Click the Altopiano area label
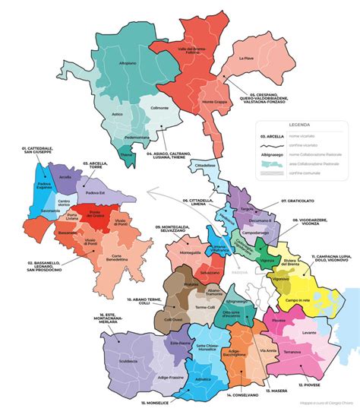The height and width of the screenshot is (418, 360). (x=127, y=63)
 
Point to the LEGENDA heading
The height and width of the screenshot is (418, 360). (x=302, y=125)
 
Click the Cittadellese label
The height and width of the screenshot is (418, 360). (x=207, y=165)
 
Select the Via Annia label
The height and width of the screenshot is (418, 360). (x=268, y=350)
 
